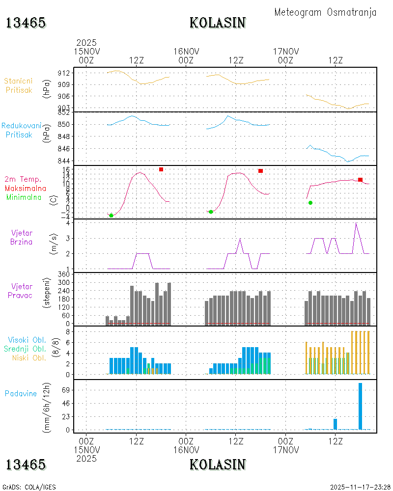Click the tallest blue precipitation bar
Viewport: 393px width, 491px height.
pos(360,406)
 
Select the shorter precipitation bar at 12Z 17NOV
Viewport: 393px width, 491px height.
pos(335,424)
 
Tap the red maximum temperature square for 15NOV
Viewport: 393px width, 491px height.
pos(161,169)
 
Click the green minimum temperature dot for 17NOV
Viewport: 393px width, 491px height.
pos(310,203)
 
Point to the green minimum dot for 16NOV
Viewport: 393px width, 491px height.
pos(211,212)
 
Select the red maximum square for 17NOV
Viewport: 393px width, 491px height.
pos(360,180)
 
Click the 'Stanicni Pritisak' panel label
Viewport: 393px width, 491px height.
pos(19,85)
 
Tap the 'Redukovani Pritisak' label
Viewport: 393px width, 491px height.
pos(21,130)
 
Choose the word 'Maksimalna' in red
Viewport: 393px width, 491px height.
pos(26,189)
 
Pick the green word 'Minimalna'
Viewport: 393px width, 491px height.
pos(24,197)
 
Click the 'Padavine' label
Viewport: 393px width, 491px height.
pos(21,394)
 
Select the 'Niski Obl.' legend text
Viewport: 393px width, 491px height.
pos(29,358)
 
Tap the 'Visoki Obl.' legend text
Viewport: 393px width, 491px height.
pos(27,340)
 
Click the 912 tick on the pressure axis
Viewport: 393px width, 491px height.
pos(64,73)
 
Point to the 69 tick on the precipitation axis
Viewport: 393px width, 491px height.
pos(66,390)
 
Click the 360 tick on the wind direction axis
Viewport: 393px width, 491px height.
pos(64,274)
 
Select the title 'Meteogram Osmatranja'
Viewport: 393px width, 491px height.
pos(325,13)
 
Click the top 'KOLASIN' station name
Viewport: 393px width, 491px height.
pos(218,23)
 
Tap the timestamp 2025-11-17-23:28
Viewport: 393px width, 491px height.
pos(360,487)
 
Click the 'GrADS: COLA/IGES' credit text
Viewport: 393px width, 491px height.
pos(29,487)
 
